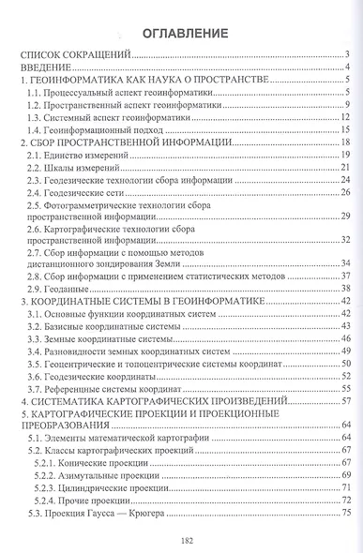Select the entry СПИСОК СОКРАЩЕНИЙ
pos(82,56)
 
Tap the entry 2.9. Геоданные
pos(65,289)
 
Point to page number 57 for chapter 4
pos(343,401)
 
